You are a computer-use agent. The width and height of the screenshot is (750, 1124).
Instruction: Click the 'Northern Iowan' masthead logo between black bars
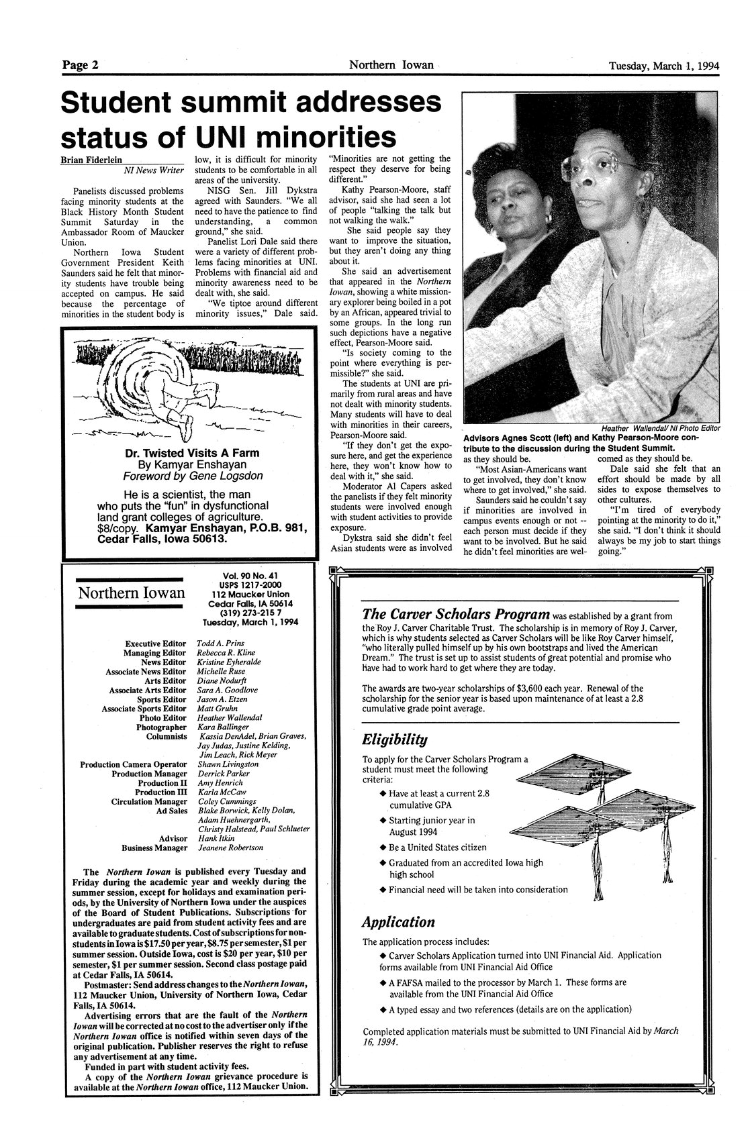pos(131,593)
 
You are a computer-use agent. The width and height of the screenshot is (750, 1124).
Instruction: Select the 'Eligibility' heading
pos(394,739)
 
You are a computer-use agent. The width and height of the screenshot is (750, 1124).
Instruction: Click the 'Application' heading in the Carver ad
pos(398,921)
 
